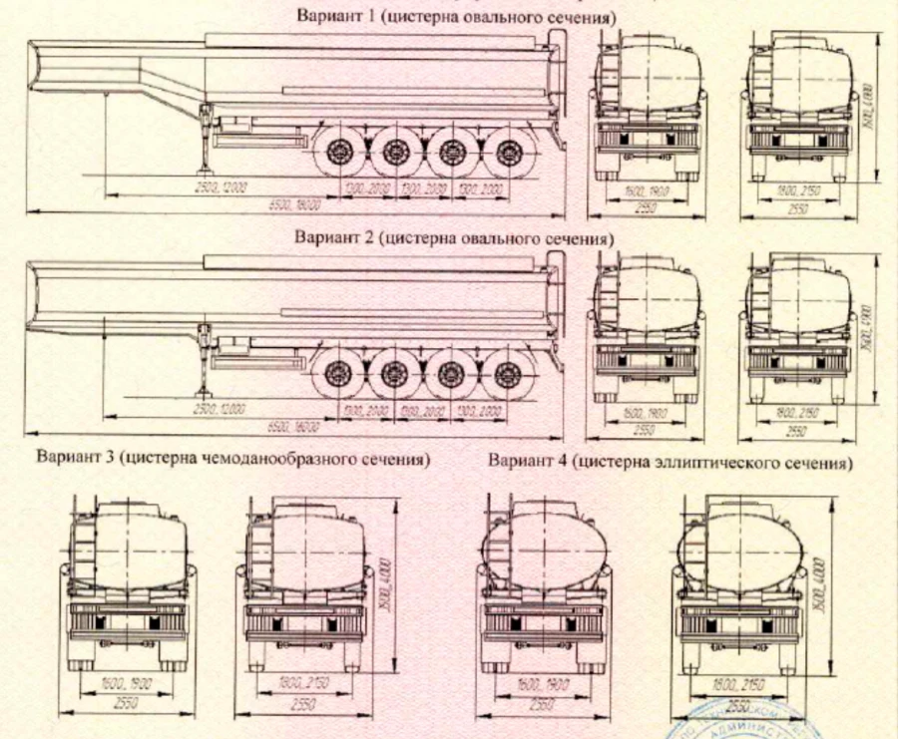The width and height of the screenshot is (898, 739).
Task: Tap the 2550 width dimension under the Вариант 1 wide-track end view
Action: (x=797, y=210)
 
